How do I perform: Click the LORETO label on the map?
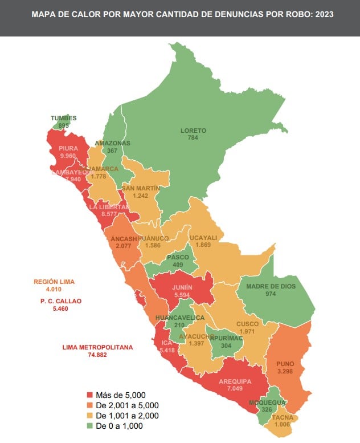(x=193, y=131)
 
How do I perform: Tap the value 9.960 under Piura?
(x=67, y=155)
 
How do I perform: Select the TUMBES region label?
(x=63, y=118)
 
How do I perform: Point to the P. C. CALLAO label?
(x=61, y=300)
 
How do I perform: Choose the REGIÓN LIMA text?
(x=54, y=282)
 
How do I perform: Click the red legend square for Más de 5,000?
(x=89, y=395)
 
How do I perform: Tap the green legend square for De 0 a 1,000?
(x=89, y=426)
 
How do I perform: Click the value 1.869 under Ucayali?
(x=203, y=245)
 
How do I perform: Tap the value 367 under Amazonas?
(x=112, y=151)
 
